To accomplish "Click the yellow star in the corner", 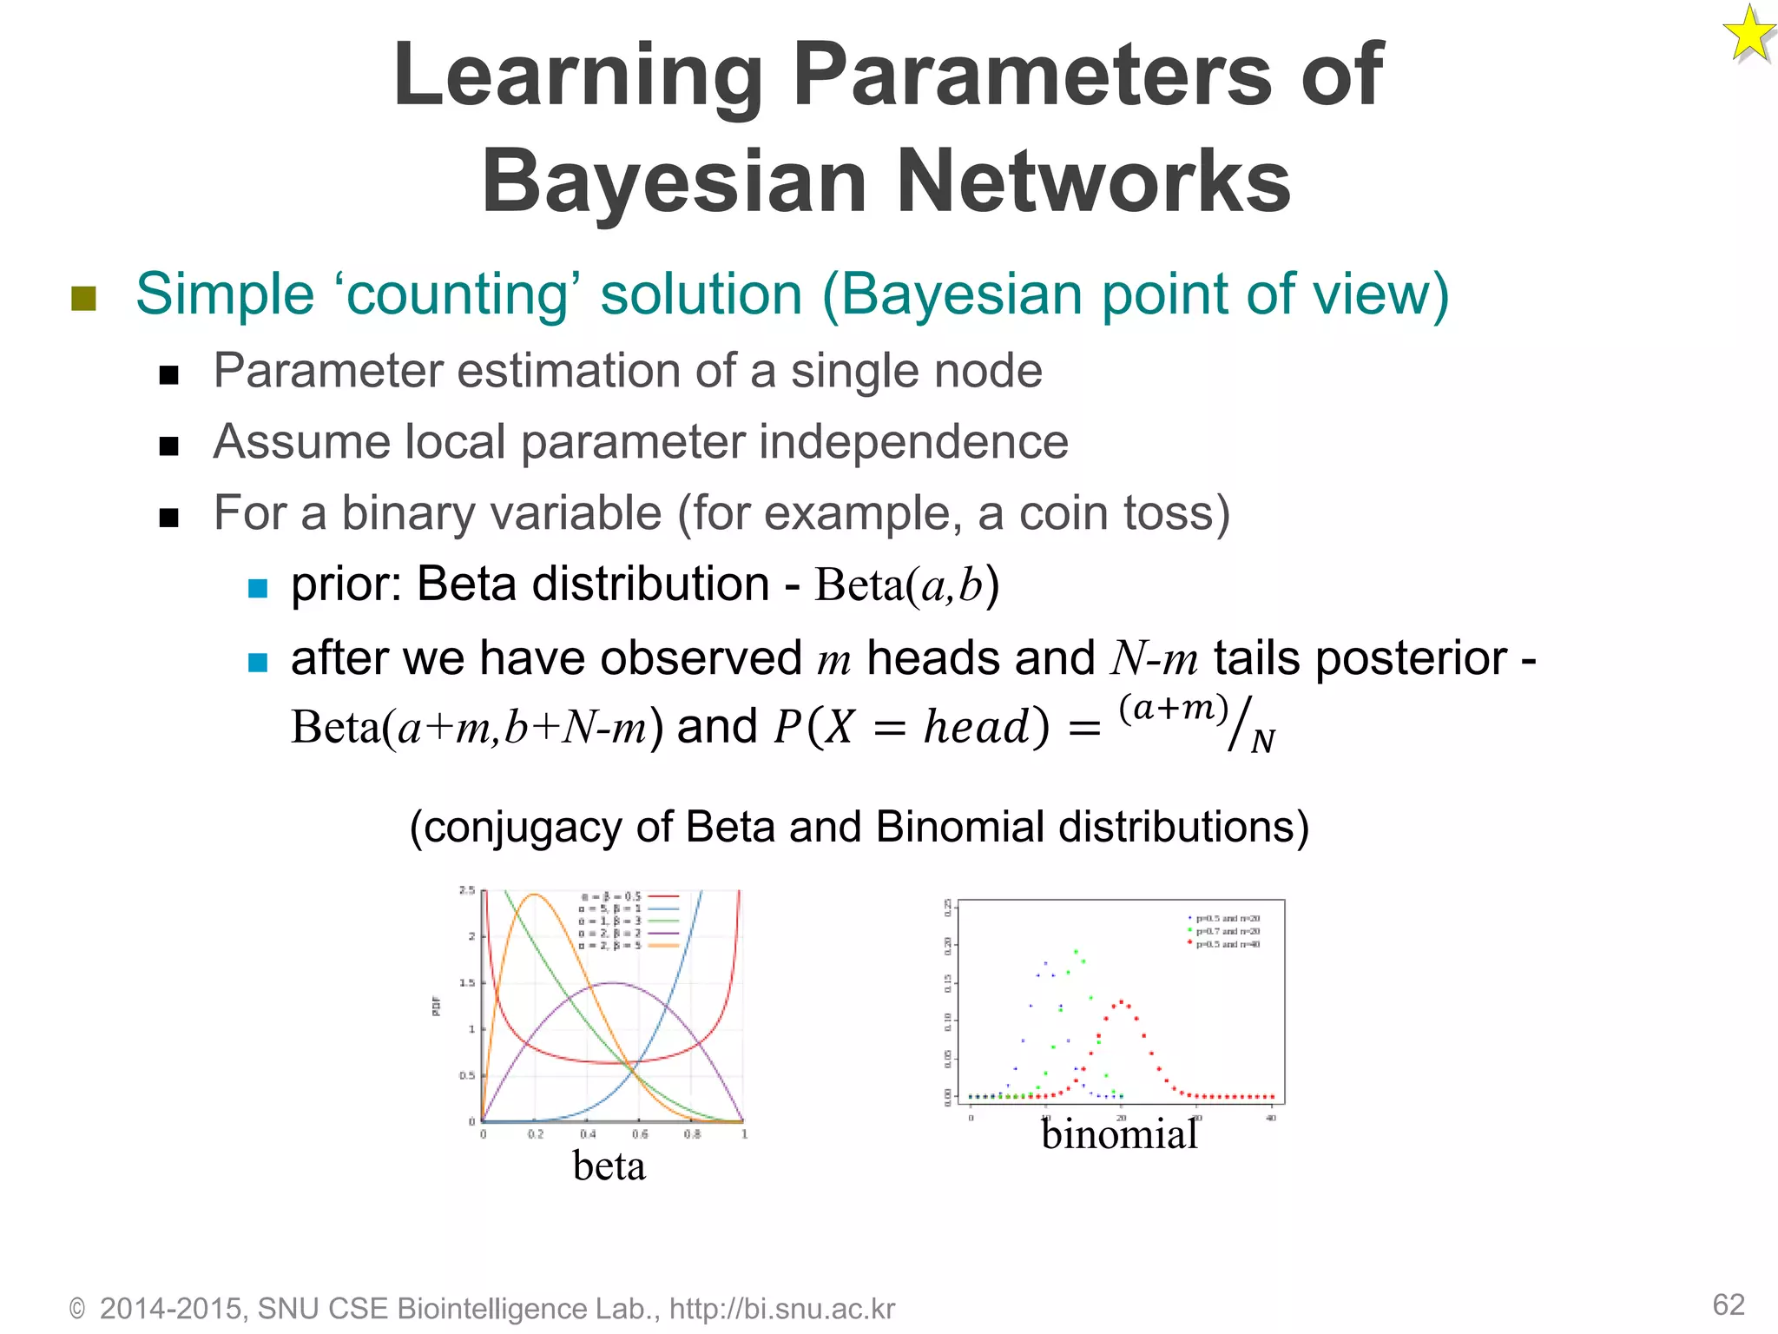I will [x=1748, y=35].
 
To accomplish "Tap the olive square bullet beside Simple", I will [x=83, y=299].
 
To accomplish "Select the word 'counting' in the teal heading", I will [x=458, y=295].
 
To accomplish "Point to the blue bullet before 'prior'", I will [x=258, y=588].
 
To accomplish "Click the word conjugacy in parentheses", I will [x=523, y=827].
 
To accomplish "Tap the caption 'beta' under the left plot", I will [x=609, y=1166].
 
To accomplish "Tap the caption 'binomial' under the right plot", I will [x=1118, y=1134].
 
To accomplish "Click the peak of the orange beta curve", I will [x=534, y=895].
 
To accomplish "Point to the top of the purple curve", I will [x=613, y=983].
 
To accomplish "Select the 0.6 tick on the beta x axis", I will [x=640, y=1134].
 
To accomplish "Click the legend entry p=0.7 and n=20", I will [x=1226, y=931].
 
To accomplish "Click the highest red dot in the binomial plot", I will [x=1121, y=1001].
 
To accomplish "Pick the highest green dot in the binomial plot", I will [x=1076, y=951].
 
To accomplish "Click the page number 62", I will [x=1728, y=1304].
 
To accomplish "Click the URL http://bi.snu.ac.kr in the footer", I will [x=781, y=1309].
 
